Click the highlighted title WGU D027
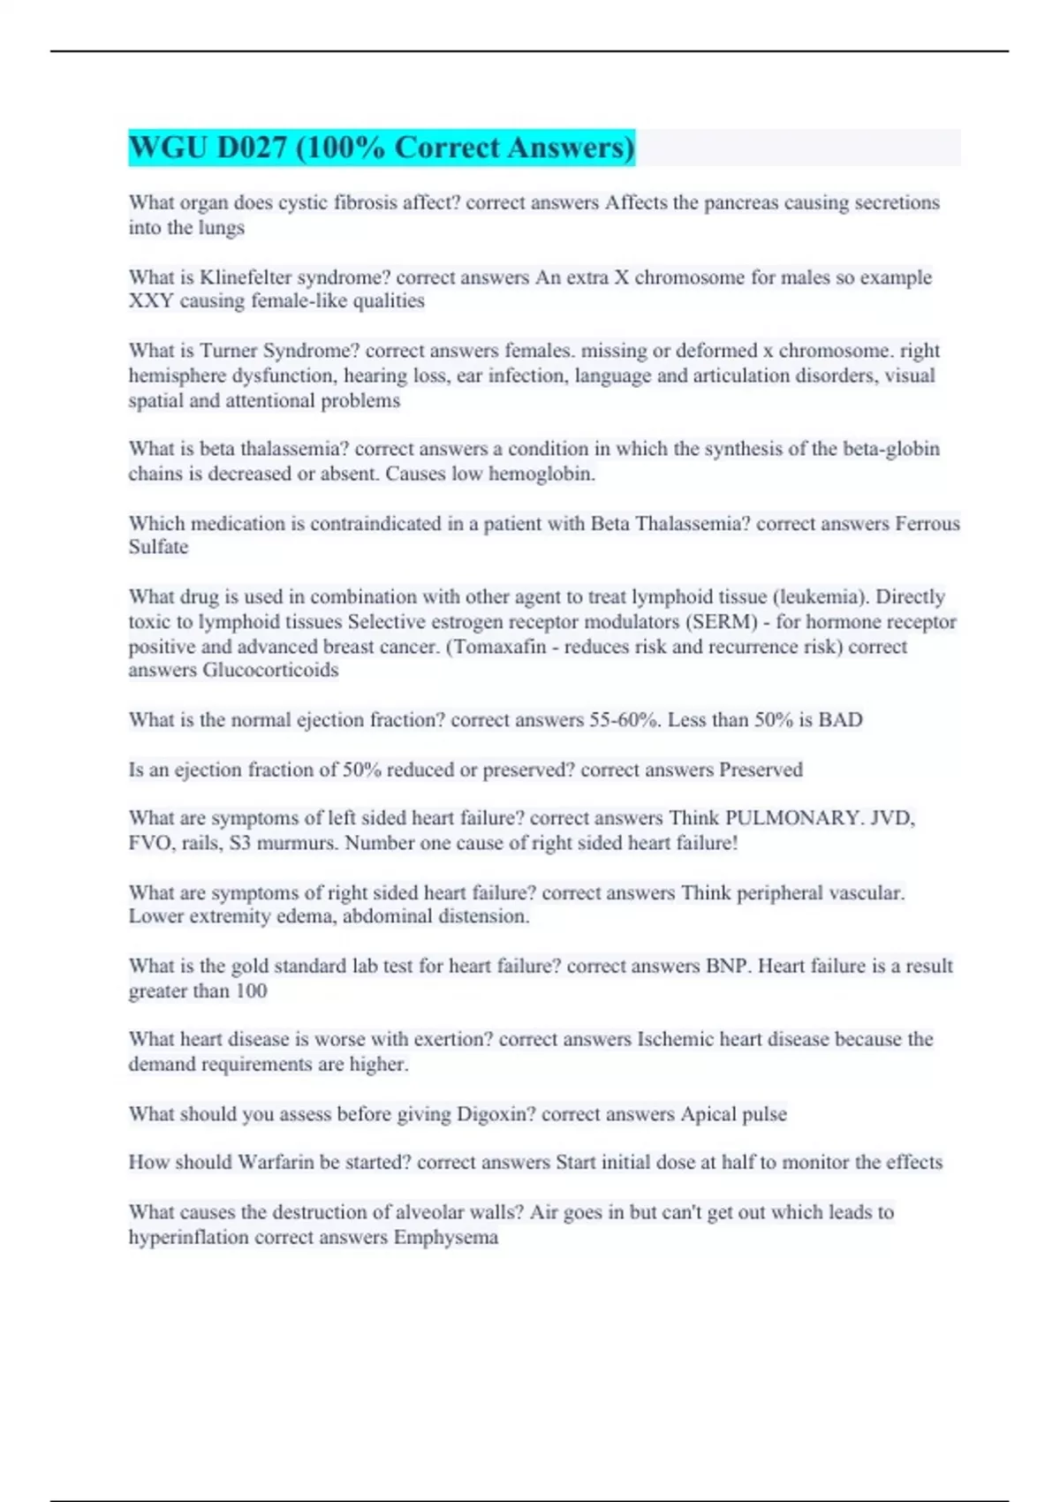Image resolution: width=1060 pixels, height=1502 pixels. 381,148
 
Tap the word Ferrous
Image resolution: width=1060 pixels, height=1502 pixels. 927,523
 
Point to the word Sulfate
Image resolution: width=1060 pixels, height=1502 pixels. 158,547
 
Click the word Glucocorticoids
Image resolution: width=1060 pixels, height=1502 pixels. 270,670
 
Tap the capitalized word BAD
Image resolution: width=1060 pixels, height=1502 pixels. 840,720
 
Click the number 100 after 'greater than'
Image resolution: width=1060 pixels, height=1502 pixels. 251,991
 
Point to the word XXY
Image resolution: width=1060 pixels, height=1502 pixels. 150,301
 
